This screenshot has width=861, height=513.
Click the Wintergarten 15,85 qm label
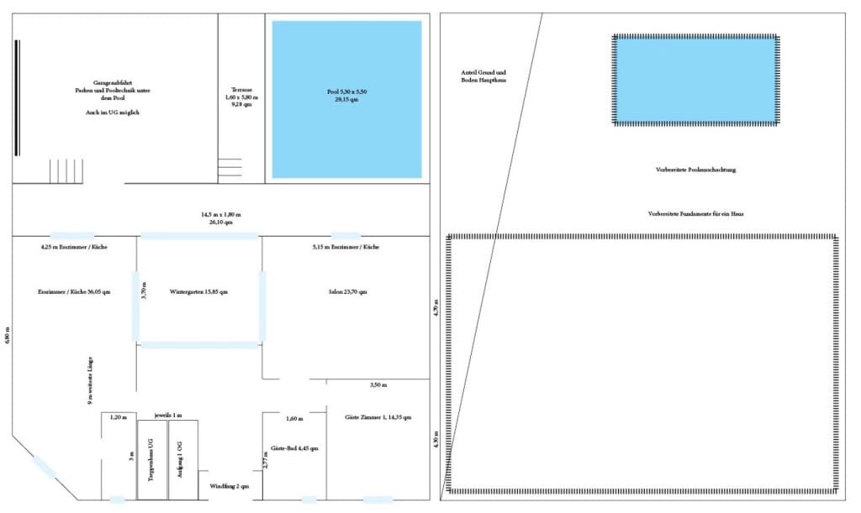[198, 292]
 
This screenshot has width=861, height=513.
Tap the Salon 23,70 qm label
[347, 292]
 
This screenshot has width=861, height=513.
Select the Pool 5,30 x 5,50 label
[347, 95]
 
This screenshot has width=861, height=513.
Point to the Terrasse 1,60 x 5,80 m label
[242, 97]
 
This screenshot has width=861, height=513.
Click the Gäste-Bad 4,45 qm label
[294, 448]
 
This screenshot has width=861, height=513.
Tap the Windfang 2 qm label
[230, 485]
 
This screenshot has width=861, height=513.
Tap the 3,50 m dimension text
[378, 385]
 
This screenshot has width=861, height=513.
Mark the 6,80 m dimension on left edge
[7, 333]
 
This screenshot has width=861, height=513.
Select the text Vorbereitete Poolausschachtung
[695, 170]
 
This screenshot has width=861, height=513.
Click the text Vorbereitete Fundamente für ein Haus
[695, 214]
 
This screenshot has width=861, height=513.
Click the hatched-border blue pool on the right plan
[695, 79]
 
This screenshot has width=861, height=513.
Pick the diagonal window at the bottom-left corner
[44, 467]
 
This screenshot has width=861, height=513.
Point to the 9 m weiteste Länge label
[90, 381]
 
